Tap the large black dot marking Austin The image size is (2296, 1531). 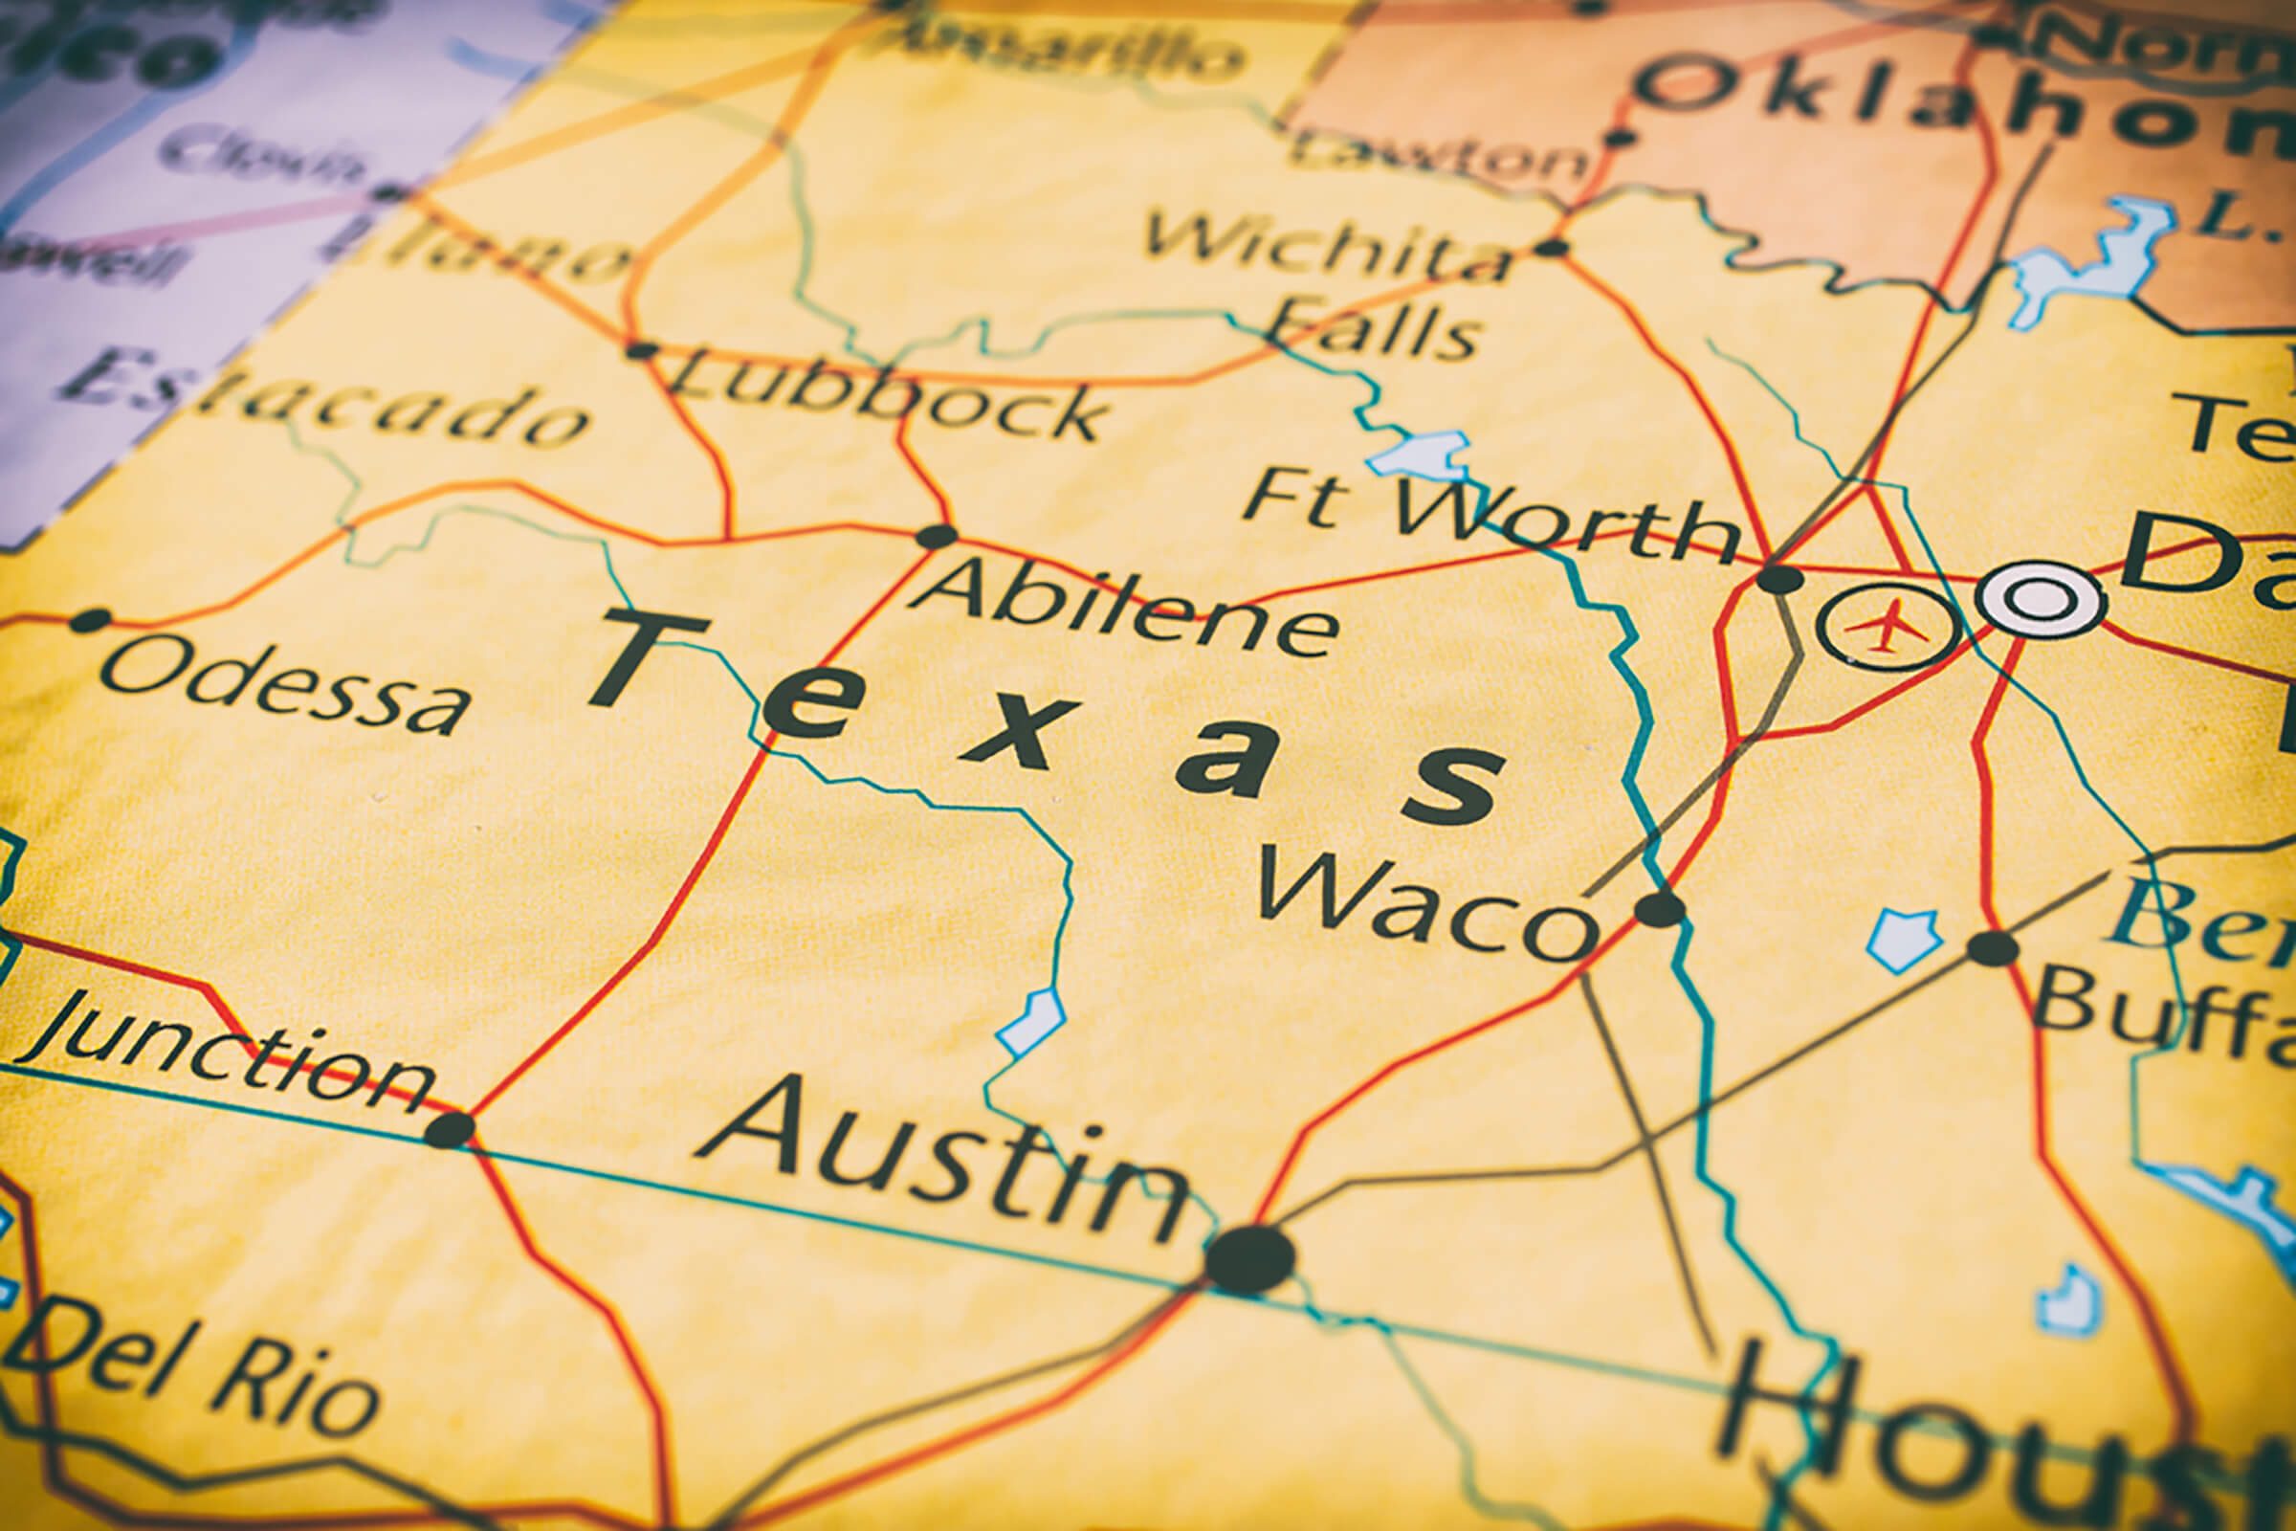1249,1259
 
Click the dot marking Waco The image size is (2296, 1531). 1661,909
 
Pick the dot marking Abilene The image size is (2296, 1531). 938,536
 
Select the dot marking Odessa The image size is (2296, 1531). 90,620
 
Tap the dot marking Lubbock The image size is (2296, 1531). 640,350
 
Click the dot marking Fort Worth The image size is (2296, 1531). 1779,578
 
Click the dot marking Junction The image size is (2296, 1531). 450,1130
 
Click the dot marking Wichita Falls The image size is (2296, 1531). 1550,247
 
